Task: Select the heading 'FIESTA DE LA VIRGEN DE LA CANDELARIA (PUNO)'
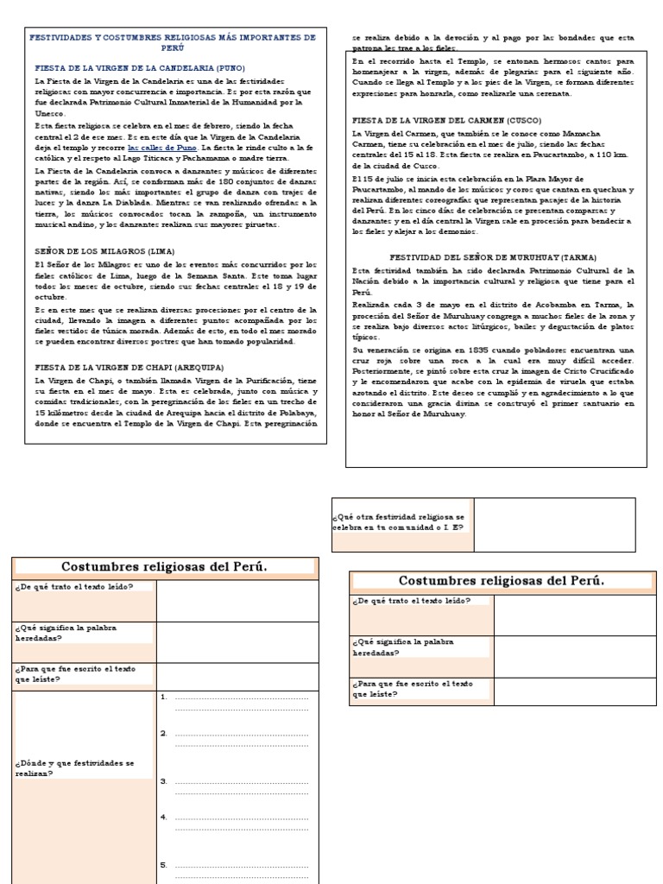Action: pos(140,67)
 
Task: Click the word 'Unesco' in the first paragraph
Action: pos(49,112)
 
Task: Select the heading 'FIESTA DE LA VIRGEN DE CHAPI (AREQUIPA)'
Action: pos(129,367)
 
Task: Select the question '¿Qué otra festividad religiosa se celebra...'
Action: pos(401,521)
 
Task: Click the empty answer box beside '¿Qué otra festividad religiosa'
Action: pos(553,524)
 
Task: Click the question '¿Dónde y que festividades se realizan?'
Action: pos(74,767)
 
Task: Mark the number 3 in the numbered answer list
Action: pos(163,780)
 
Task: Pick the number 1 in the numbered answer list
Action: pos(163,696)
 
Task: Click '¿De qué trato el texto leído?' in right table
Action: pos(411,600)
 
